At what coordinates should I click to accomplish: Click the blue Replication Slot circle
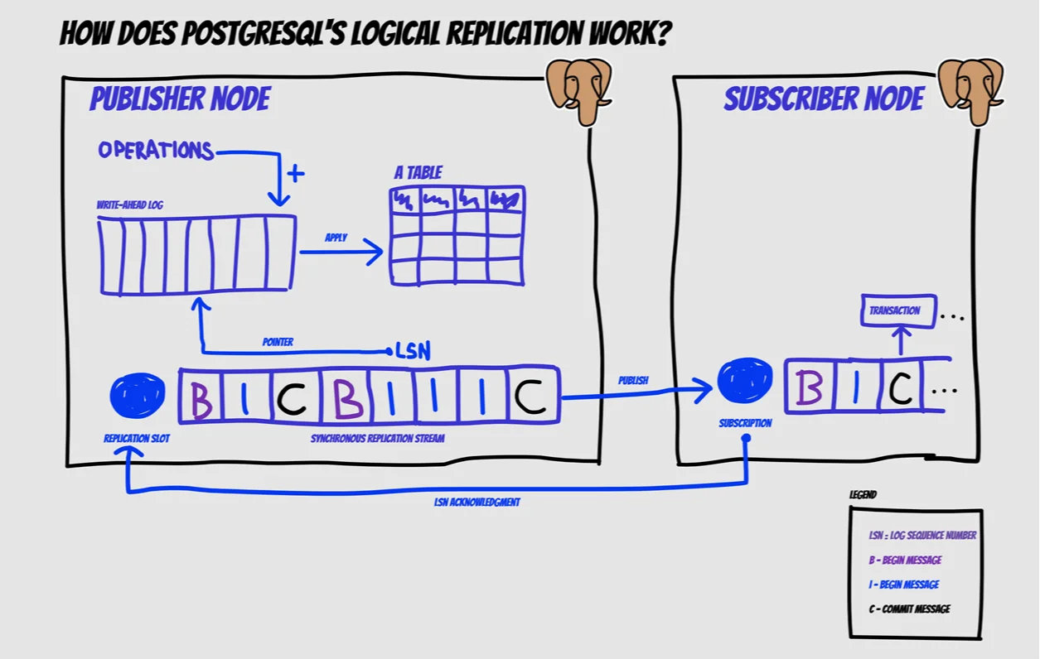tap(138, 396)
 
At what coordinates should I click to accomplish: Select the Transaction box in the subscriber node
tap(898, 310)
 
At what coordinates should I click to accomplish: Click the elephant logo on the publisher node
tap(578, 89)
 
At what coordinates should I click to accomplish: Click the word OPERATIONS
tap(156, 151)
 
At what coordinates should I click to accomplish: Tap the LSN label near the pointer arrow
tap(413, 351)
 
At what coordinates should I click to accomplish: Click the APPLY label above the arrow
tap(336, 238)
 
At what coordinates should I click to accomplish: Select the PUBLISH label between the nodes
tap(633, 381)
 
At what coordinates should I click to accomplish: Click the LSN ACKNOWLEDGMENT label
tap(477, 503)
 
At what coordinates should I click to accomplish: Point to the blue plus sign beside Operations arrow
tap(295, 174)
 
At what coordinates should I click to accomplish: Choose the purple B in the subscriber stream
tap(808, 387)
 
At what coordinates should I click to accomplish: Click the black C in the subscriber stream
tap(902, 387)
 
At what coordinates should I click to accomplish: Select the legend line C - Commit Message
tap(909, 609)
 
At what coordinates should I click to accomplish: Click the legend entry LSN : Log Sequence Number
tap(922, 536)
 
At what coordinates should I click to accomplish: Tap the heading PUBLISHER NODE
tap(180, 100)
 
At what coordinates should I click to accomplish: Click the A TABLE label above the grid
tap(418, 173)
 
